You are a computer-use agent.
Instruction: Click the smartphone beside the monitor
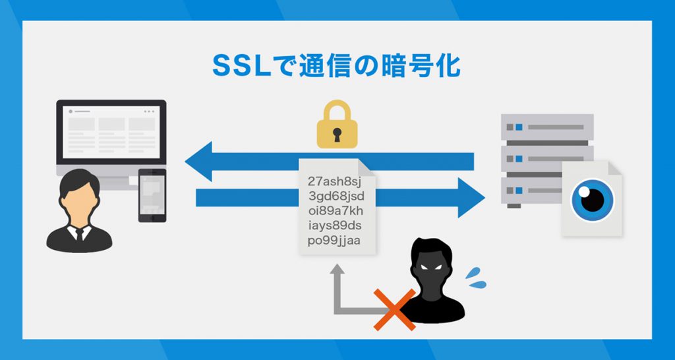152,195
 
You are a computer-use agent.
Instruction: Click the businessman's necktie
78,233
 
